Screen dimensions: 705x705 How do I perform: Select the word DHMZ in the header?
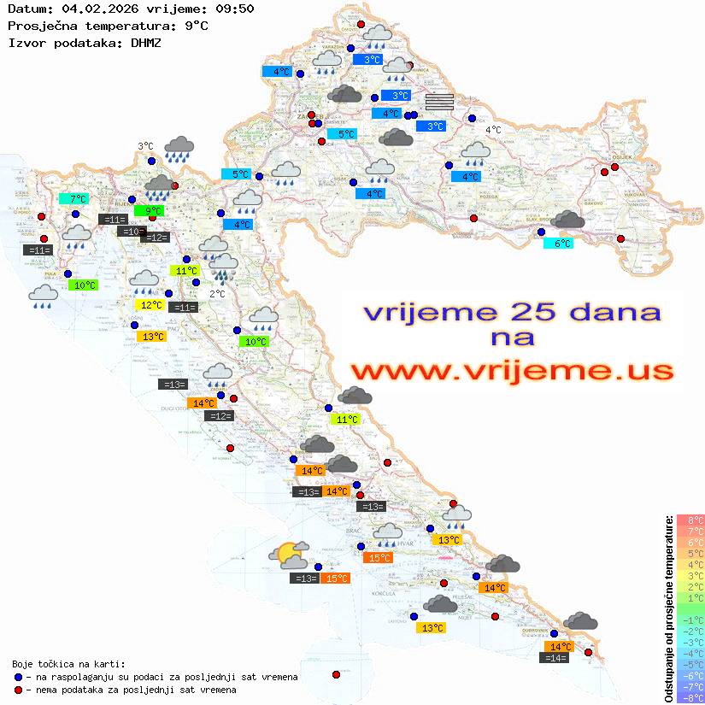pos(145,42)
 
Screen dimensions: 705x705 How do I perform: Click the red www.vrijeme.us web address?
pos(512,371)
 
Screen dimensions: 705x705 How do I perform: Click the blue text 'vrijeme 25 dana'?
pos(512,312)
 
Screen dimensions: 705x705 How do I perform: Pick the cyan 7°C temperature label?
pos(73,199)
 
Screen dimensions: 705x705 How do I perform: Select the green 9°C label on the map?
pos(149,210)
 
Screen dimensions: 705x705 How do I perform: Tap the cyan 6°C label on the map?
pos(558,243)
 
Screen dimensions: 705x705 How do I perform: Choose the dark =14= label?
pos(555,658)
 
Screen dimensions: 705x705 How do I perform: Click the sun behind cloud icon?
pos(289,555)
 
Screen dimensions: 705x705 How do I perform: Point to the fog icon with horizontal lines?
pos(439,102)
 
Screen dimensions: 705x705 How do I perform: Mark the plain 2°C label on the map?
pos(217,294)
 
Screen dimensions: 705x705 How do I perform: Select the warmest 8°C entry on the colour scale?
pos(690,520)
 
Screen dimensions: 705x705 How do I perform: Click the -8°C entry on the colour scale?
pos(690,697)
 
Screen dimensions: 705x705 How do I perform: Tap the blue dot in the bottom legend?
pos(18,677)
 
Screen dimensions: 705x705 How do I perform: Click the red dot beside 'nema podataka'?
pos(18,690)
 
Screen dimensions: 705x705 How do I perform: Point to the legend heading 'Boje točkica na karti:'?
pos(68,664)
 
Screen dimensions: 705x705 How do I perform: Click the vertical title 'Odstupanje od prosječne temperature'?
pos(667,608)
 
